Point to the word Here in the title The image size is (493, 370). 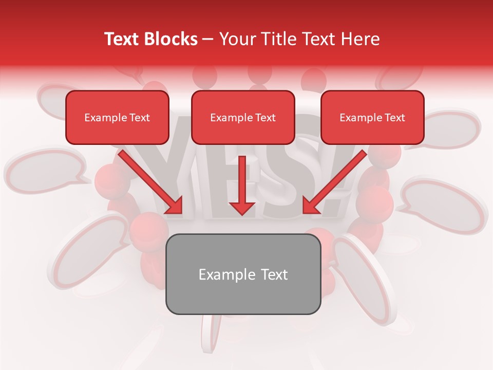(361, 39)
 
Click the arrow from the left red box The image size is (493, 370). (150, 182)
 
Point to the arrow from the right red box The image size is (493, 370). (334, 182)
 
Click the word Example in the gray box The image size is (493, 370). (220, 274)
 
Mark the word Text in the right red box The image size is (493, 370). (395, 118)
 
